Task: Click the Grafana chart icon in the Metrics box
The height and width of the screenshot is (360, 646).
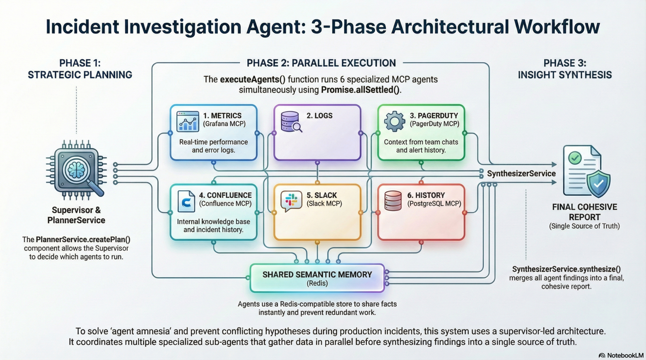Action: [188, 121]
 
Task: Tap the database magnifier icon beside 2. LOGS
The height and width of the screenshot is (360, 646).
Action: [291, 122]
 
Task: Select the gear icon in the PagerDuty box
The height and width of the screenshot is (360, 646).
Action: [394, 121]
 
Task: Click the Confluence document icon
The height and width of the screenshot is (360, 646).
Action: [186, 201]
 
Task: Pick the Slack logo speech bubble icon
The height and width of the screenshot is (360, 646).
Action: [291, 201]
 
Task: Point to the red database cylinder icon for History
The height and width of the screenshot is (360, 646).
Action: [393, 201]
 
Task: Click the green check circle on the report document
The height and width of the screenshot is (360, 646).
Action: [575, 158]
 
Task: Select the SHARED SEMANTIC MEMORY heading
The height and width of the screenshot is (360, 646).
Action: [317, 275]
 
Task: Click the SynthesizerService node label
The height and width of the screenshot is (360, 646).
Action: [521, 174]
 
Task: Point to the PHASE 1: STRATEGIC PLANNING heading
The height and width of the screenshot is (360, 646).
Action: [80, 69]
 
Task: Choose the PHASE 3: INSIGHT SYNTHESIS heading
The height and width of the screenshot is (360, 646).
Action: [565, 69]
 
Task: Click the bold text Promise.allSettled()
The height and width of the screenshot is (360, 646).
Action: [361, 90]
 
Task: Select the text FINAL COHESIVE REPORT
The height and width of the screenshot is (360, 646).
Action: [584, 212]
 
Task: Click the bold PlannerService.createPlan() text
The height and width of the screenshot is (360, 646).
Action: [83, 240]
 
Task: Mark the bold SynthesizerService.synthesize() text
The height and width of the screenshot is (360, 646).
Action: [566, 269]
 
